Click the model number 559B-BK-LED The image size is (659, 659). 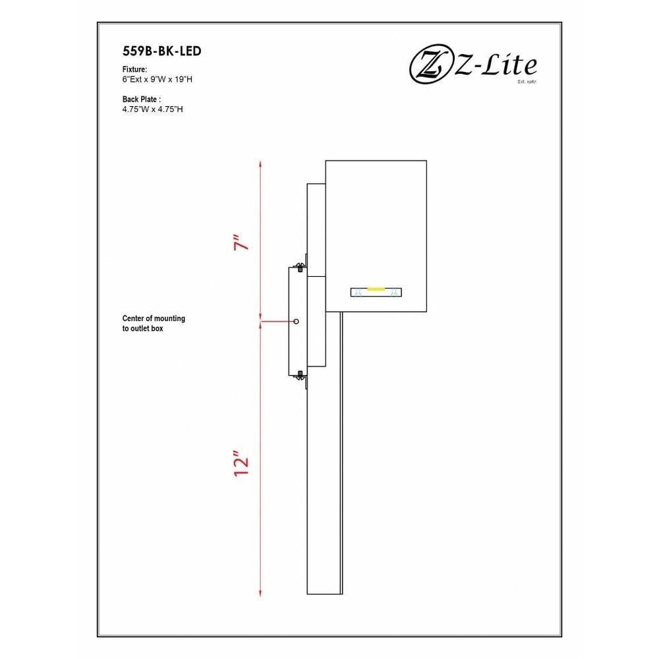click(x=162, y=51)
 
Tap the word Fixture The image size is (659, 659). click(x=134, y=69)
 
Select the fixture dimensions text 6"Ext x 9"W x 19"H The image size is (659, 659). click(x=158, y=80)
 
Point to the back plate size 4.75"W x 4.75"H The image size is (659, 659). click(x=153, y=109)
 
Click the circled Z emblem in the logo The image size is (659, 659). click(x=428, y=66)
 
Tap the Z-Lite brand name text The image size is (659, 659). click(x=496, y=65)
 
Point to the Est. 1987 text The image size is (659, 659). click(x=527, y=82)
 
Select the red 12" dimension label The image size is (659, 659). click(x=241, y=463)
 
